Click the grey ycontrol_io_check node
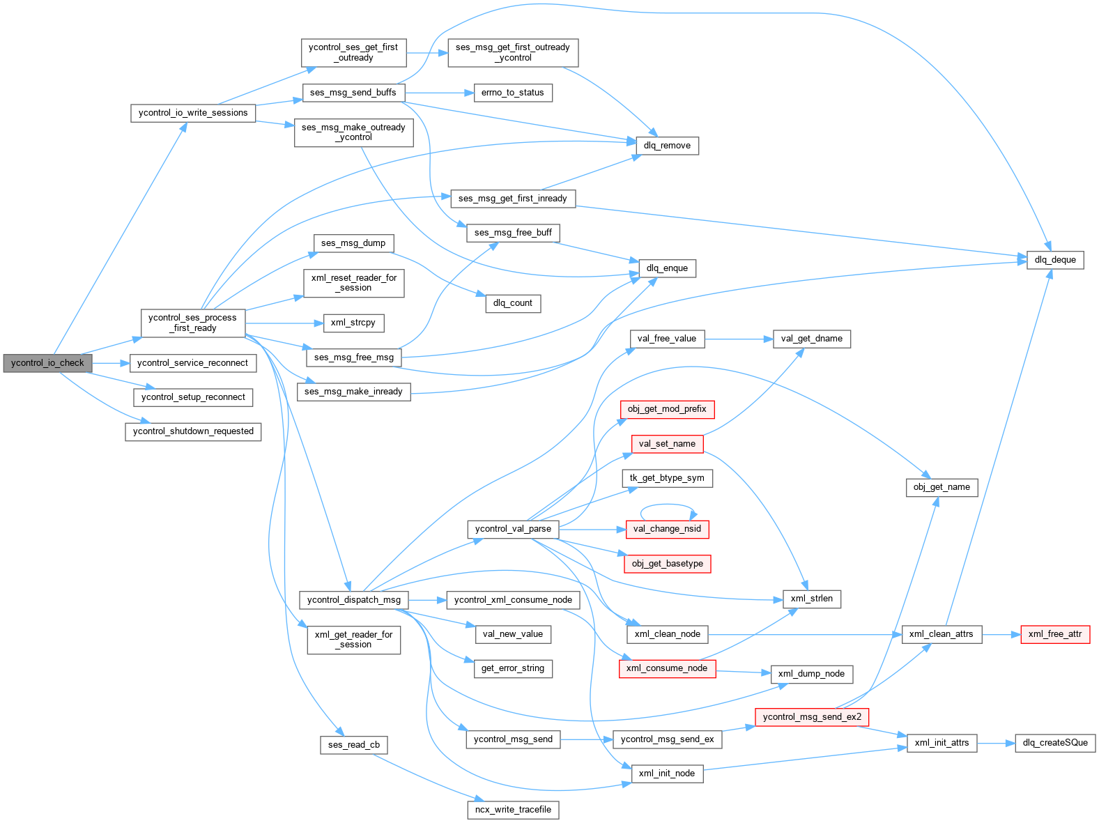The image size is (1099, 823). point(47,363)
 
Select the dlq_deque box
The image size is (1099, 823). point(1055,260)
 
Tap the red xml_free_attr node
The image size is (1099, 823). point(1055,634)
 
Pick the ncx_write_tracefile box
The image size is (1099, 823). point(513,810)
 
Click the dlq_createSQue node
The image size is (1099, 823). point(1055,743)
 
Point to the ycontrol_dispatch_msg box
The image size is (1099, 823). point(354,600)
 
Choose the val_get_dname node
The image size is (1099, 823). point(811,339)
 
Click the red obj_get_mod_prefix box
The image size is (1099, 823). point(667,409)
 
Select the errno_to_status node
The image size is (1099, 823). point(512,93)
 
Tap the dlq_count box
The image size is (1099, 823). point(512,303)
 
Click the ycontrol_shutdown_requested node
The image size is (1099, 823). point(193,431)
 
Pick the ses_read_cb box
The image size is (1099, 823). point(354,745)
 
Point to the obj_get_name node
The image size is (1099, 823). point(942,487)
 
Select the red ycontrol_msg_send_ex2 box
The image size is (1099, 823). point(812,716)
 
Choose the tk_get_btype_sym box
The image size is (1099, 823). point(667,478)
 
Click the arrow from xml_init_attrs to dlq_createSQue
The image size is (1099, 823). point(996,744)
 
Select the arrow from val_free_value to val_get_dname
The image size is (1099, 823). point(739,339)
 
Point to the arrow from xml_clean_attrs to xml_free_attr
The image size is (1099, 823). point(1001,635)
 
